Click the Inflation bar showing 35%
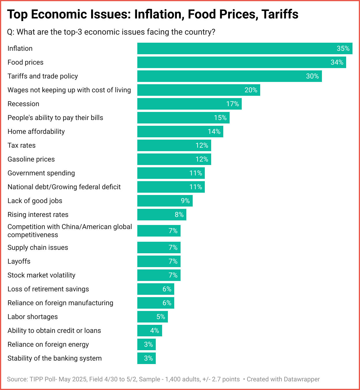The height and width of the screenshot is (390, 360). coord(245,48)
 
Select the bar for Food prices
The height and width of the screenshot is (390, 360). coord(241,62)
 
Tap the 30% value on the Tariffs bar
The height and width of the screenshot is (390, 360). coord(312,76)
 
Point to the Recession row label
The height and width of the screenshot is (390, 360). coord(23,104)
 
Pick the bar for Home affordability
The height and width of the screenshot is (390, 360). coord(180,132)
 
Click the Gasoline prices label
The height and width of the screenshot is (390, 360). coord(31,159)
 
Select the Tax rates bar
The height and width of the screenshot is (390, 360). coord(174,145)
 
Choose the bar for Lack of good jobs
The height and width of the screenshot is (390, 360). coord(165,201)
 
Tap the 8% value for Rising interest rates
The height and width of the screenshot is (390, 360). coord(179,215)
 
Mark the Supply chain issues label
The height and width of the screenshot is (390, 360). coord(38,247)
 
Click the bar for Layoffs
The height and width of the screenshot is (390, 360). coord(159,261)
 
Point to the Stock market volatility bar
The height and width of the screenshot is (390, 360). coord(159,275)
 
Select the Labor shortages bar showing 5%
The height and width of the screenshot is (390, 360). coord(152,317)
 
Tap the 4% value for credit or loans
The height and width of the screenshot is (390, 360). coord(155,331)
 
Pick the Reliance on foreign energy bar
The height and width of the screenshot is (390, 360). coord(146,344)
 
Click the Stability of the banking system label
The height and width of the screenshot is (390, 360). coord(55,358)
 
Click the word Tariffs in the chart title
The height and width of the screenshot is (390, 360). coord(280,14)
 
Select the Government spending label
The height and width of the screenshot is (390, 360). coord(41,173)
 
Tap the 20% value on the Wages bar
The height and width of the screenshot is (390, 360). coord(251,90)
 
